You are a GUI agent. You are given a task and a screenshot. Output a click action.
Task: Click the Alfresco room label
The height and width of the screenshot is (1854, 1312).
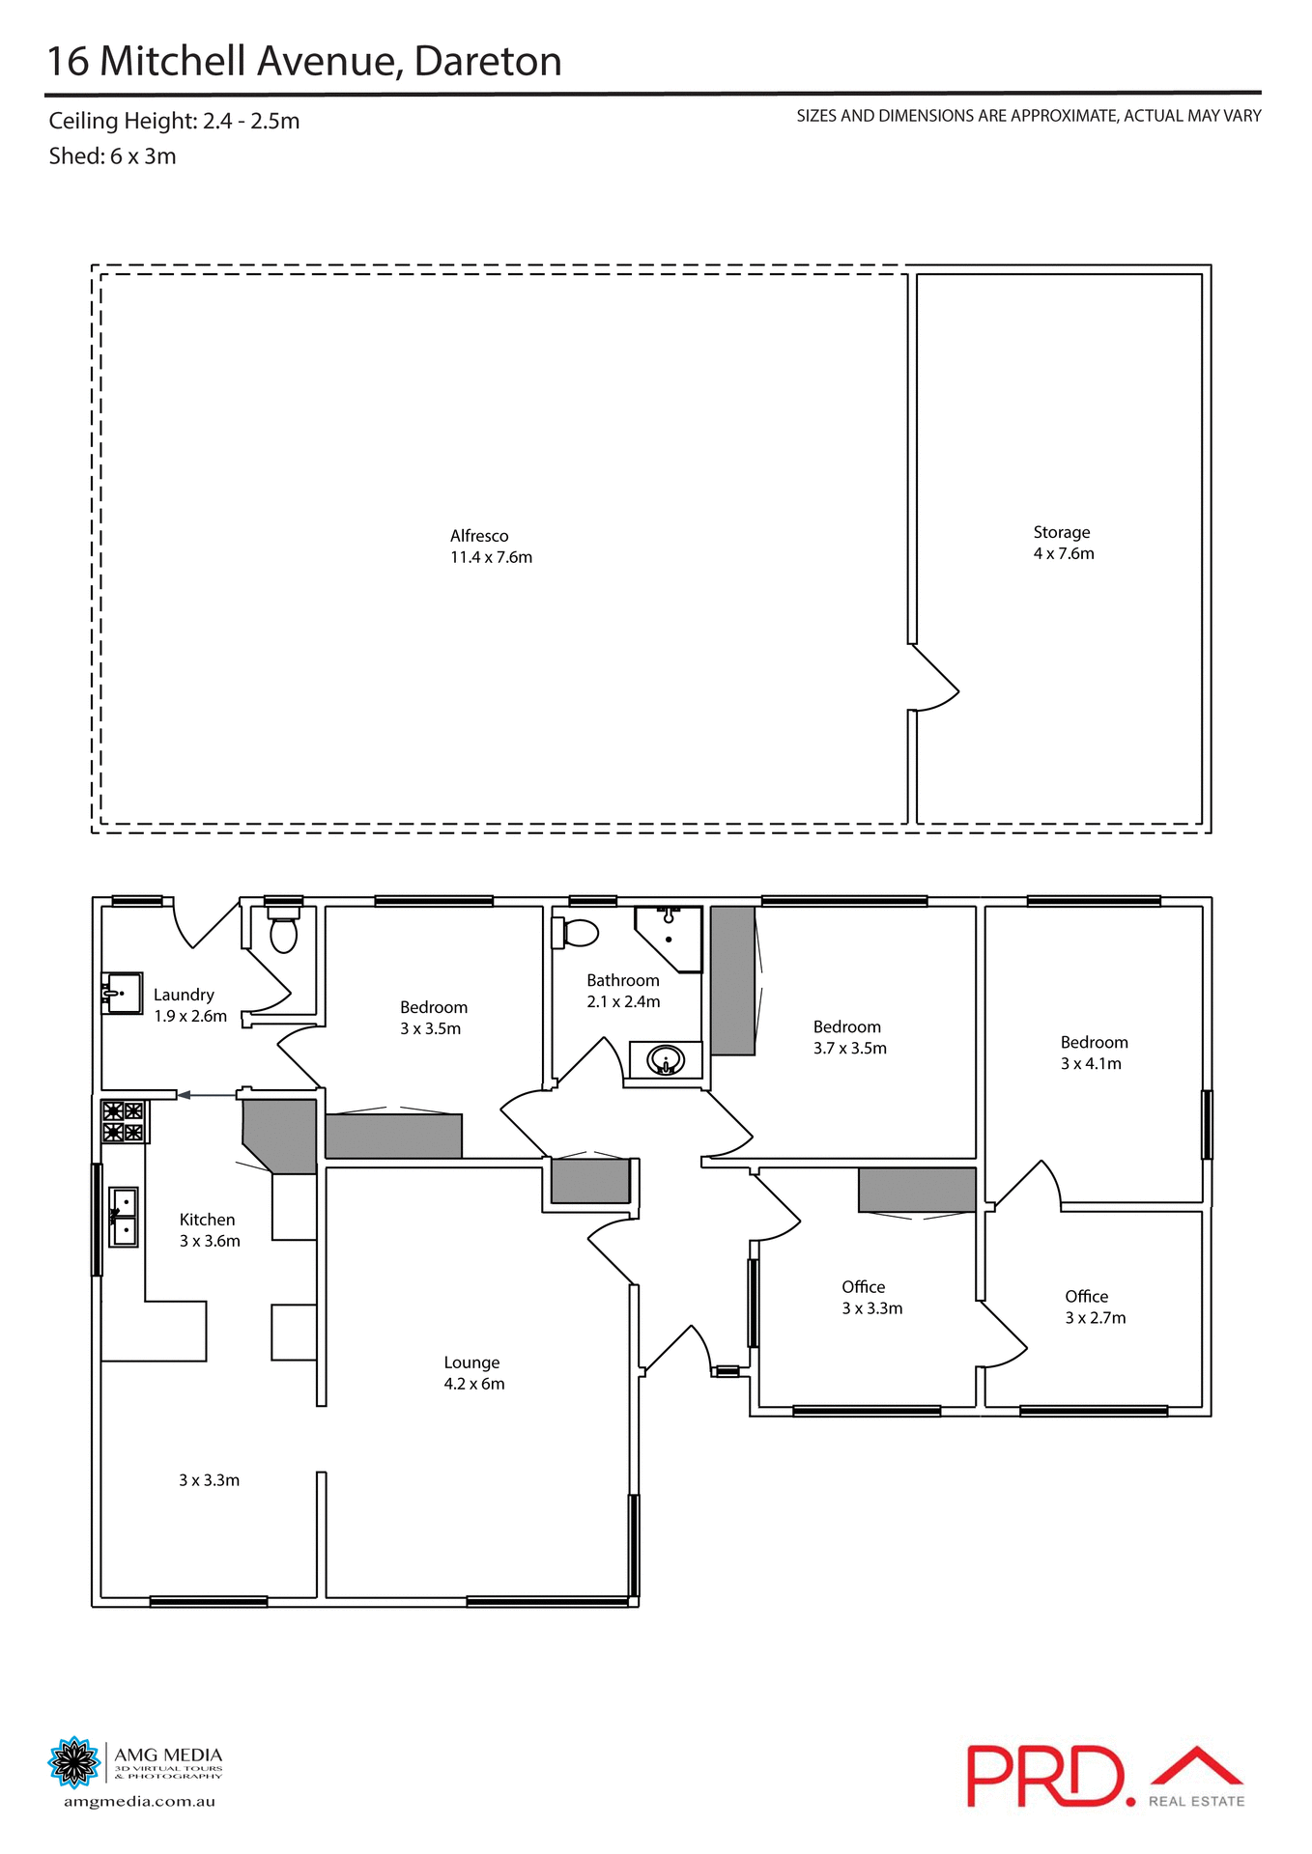point(490,547)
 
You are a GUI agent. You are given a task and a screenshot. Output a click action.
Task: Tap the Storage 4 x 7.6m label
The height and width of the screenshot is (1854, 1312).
point(1063,543)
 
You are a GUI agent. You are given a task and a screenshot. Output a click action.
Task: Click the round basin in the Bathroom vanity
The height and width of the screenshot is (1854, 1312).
point(666,1061)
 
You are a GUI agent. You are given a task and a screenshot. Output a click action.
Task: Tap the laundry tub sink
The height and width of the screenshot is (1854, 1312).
point(122,993)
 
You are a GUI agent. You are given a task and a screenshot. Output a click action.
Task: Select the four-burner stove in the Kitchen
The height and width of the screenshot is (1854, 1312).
point(123,1121)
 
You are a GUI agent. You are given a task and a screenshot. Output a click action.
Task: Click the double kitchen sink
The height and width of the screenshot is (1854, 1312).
point(124,1217)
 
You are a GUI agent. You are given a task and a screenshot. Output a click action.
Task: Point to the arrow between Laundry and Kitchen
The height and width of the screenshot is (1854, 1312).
point(207,1094)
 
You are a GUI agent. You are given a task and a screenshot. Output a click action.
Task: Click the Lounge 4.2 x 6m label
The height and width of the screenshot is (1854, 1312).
point(473,1373)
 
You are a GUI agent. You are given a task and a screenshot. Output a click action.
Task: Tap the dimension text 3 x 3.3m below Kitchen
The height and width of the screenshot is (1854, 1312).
point(209,1480)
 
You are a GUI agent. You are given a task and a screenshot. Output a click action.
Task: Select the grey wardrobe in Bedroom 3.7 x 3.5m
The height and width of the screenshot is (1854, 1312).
point(732,980)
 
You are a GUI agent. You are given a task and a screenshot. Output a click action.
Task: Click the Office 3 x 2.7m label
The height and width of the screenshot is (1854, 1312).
point(1095,1307)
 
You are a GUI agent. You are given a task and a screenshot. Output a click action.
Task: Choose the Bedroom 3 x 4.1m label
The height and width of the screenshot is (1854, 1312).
point(1093,1053)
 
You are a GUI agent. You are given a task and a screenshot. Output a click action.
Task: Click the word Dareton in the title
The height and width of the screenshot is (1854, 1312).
point(488,62)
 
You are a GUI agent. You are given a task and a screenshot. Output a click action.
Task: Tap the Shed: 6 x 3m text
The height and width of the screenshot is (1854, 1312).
point(112,156)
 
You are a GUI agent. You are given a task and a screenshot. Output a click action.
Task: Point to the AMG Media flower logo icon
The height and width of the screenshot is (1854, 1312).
point(73,1762)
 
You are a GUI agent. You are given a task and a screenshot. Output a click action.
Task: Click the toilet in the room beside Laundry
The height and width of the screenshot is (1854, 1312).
point(283,933)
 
